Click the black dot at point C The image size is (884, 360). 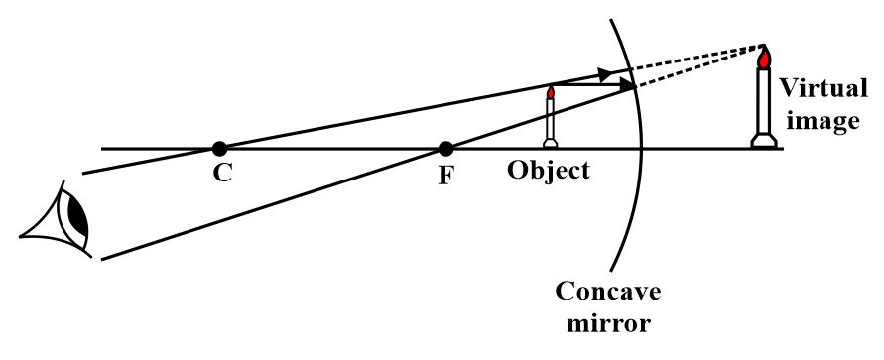pyautogui.click(x=218, y=149)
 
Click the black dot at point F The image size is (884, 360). pyautogui.click(x=445, y=149)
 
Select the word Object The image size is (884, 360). pyautogui.click(x=549, y=170)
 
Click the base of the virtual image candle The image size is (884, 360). pyautogui.click(x=765, y=142)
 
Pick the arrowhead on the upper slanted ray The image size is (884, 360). pyautogui.click(x=604, y=73)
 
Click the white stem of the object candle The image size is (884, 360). pyautogui.click(x=551, y=119)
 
